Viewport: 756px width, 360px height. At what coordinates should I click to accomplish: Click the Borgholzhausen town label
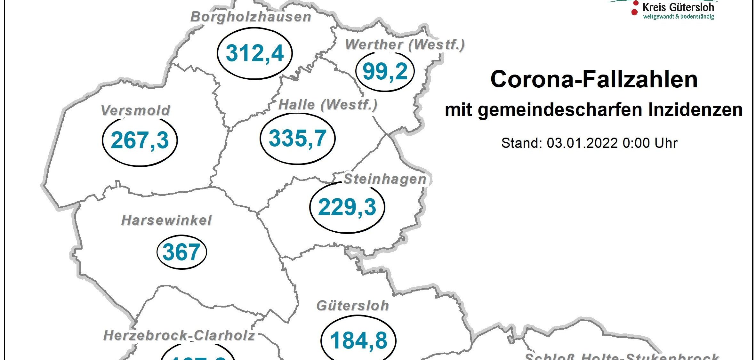(x=251, y=17)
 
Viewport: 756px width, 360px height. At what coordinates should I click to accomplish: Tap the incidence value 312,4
(x=255, y=53)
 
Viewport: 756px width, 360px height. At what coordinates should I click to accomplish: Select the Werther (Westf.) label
(x=405, y=45)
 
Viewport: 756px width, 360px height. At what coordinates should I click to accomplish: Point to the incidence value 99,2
(x=385, y=71)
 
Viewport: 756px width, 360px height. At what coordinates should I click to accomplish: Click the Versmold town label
(x=135, y=111)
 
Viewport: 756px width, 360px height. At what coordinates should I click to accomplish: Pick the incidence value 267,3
(x=140, y=140)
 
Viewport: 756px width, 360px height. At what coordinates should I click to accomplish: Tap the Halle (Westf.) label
(x=328, y=105)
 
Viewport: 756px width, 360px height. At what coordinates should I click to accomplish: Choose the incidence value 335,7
(x=297, y=139)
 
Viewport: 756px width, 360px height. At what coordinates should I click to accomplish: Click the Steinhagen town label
(x=385, y=179)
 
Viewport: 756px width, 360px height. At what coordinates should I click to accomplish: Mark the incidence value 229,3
(x=347, y=207)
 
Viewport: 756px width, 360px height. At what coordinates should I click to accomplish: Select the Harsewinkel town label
(x=166, y=220)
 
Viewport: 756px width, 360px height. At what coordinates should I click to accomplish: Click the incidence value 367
(x=181, y=252)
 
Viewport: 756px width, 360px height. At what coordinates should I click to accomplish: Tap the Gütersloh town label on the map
(x=353, y=306)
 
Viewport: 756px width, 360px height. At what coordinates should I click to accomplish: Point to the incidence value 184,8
(x=358, y=340)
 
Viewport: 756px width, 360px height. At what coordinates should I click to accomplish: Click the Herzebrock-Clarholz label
(x=179, y=336)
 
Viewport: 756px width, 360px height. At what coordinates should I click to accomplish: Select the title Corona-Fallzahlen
(x=594, y=79)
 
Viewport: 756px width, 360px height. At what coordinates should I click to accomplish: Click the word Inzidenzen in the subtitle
(x=695, y=110)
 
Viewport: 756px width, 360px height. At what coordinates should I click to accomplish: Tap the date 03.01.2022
(x=582, y=143)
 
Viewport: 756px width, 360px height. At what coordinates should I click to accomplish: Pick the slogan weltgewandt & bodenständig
(x=679, y=17)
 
